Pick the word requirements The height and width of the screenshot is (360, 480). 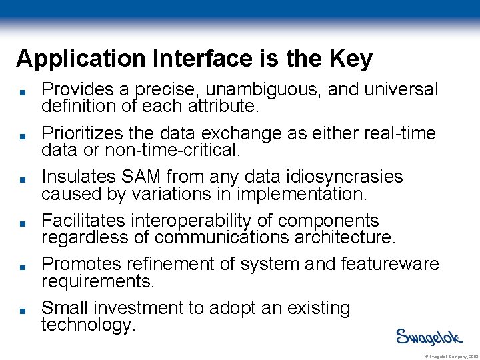click(x=97, y=281)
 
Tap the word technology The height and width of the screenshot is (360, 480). click(x=87, y=325)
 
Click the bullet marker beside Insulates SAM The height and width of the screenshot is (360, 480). click(x=22, y=179)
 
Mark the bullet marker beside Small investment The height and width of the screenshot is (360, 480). click(x=22, y=310)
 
